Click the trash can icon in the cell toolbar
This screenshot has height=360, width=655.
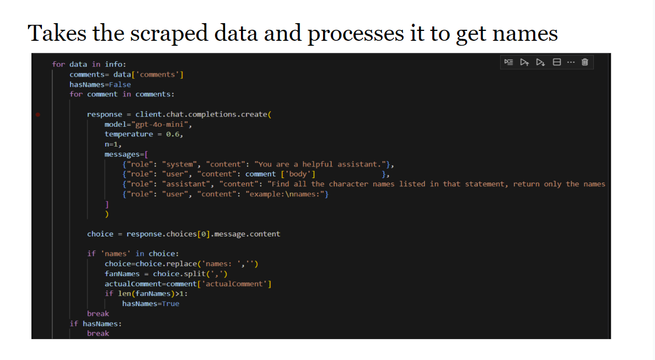585,62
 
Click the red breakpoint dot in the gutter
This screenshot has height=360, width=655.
38,115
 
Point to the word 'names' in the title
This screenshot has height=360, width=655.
525,33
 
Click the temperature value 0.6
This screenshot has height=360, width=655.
173,134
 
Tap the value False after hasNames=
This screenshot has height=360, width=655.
120,84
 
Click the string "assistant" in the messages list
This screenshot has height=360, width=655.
185,184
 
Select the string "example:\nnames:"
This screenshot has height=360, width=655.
287,194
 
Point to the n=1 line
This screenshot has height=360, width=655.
113,144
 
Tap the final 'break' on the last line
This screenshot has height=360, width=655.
98,334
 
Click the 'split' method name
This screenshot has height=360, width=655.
195,274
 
